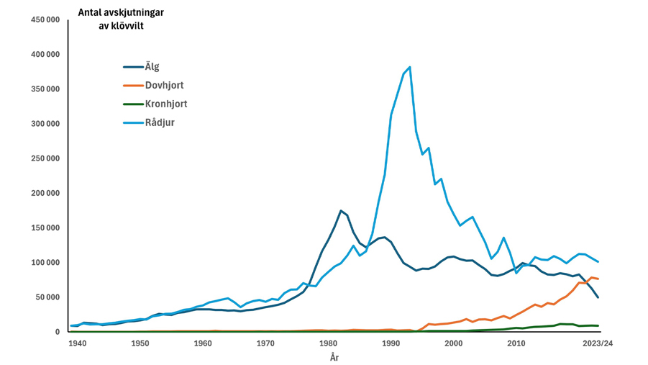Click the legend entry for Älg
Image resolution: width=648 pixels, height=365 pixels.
point(152,67)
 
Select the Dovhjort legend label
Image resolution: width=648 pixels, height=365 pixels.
point(164,86)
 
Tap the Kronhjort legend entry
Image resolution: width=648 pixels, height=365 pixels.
point(165,104)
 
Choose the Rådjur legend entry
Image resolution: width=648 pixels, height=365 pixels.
point(160,122)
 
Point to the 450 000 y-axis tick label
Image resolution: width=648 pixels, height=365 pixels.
point(45,19)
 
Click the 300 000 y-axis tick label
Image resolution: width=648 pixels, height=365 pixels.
point(45,124)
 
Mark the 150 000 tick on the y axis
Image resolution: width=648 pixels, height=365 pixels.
point(45,228)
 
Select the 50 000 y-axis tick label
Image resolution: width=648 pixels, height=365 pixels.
point(47,297)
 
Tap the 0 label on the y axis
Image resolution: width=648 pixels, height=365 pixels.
point(58,332)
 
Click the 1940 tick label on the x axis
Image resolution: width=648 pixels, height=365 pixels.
point(78,343)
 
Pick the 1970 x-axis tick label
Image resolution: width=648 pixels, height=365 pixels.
point(265,343)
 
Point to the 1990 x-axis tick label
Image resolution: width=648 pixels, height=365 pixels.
point(391,343)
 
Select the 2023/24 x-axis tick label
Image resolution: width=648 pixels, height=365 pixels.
point(598,343)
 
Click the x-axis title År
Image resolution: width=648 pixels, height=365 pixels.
point(334,358)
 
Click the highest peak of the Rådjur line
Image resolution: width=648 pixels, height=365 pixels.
point(410,67)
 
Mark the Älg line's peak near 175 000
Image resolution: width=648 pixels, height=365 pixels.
point(341,211)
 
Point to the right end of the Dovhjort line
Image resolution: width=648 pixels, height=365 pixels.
point(598,279)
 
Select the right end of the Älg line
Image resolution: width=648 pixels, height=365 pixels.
point(598,297)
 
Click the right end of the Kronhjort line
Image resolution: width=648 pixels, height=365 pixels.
point(598,326)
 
